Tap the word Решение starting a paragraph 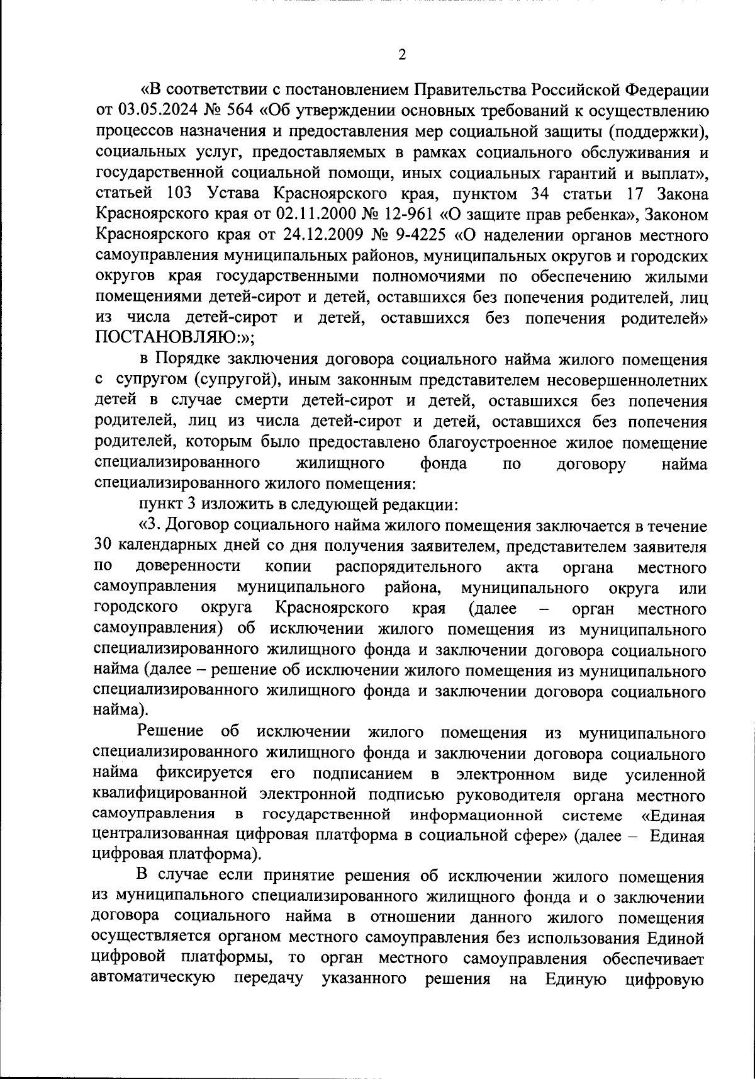(x=170, y=733)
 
